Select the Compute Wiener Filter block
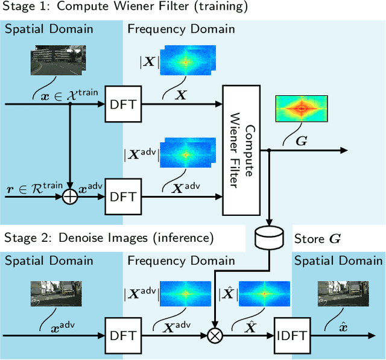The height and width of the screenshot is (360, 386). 245,150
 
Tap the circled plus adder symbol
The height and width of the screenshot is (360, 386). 71,196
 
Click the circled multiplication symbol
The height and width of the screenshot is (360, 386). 214,334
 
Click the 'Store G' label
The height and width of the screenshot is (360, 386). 317,239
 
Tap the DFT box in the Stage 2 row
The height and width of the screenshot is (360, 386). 123,334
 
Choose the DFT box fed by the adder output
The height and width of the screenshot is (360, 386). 123,196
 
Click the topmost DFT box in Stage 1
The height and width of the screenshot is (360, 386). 123,104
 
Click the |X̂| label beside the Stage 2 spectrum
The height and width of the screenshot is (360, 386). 229,295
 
